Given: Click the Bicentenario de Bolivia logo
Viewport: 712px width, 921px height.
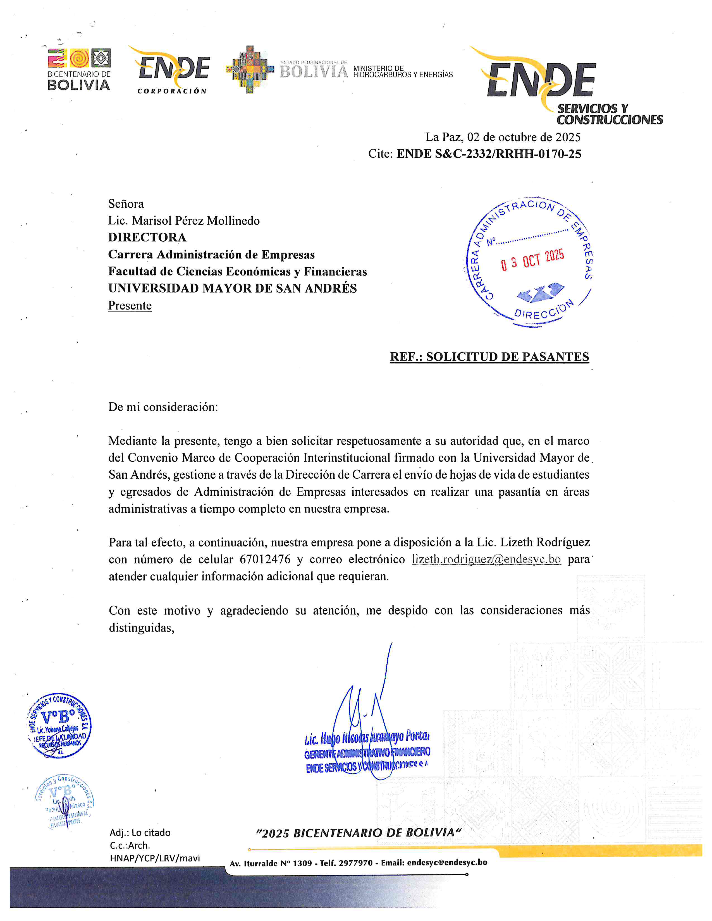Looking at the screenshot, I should point(79,69).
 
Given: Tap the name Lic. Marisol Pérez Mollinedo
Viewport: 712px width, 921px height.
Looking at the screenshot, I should point(184,220).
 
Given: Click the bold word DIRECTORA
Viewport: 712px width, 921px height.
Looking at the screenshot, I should point(147,238).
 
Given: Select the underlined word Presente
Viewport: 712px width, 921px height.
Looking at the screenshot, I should point(130,305).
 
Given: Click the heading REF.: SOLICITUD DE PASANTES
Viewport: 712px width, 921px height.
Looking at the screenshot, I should point(489,357).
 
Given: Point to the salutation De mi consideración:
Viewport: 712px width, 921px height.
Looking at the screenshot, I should point(163,407).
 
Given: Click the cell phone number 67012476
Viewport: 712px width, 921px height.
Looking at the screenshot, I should point(265,560).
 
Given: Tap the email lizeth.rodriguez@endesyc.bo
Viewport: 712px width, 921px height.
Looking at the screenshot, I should point(486,560).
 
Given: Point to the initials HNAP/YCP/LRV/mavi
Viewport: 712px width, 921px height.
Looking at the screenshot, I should point(155,858).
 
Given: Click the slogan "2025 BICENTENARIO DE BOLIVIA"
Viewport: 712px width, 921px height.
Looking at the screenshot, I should point(359,833).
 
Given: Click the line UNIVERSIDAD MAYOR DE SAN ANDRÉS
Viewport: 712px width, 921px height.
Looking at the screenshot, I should point(232,289).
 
